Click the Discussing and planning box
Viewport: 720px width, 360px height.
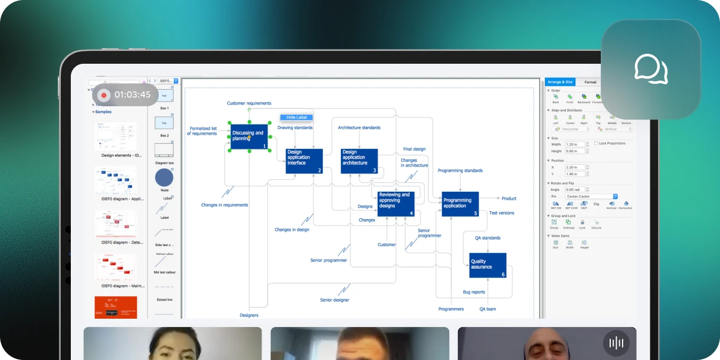tap(249, 136)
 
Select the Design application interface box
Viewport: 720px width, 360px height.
tap(304, 161)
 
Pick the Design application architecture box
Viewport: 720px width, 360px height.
tap(359, 161)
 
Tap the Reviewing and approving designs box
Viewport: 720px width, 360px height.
tap(396, 204)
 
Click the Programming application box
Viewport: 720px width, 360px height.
tap(460, 204)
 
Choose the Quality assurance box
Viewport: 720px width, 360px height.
tap(487, 265)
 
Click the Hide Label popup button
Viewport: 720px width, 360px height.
tap(296, 117)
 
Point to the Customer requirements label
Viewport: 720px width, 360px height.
tap(249, 103)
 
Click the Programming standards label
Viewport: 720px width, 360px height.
tap(460, 171)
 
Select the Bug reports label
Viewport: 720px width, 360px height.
tap(474, 292)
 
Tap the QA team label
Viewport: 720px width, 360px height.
tap(487, 309)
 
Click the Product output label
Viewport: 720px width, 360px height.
tap(509, 198)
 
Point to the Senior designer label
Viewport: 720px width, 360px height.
tap(335, 300)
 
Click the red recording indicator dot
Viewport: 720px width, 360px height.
tap(104, 95)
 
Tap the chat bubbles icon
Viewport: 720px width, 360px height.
tap(650, 69)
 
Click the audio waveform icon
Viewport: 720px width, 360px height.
tap(616, 343)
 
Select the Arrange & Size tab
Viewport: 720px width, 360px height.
tap(559, 82)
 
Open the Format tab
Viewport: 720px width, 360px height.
tap(590, 82)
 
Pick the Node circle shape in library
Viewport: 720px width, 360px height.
tap(164, 177)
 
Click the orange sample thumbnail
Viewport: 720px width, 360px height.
tap(116, 307)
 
